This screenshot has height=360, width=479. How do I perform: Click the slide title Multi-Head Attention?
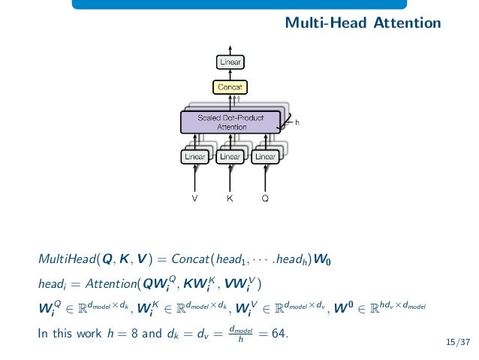(363, 24)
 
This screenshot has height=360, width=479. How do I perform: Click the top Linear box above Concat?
(230, 62)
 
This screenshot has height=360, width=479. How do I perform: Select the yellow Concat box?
(230, 87)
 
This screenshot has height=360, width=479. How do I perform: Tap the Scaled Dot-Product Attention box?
(230, 123)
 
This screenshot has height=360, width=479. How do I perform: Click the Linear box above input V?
(195, 157)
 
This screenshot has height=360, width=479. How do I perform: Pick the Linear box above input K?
(230, 157)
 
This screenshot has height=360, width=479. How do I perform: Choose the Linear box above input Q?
(264, 157)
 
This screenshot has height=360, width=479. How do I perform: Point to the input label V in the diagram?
(195, 199)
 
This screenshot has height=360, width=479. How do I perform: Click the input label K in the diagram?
(230, 199)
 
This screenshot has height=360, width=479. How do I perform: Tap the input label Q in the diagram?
(264, 199)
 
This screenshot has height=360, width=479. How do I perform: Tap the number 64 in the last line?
(279, 332)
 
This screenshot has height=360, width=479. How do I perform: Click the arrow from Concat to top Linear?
(230, 74)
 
